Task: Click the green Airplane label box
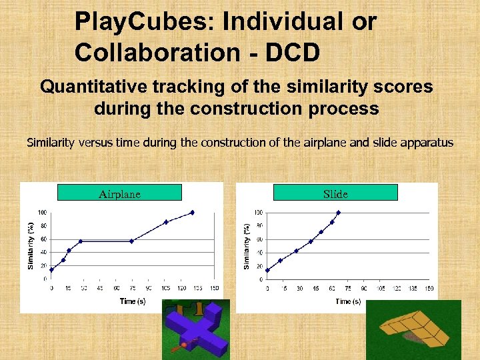pos(119,193)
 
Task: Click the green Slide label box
pos(335,193)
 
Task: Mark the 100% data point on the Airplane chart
pos(192,212)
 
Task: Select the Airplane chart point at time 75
pos(132,241)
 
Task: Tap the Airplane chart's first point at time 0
pos(51,269)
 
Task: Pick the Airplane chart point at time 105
pos(166,221)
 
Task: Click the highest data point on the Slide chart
pos(338,212)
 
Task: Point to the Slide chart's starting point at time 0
pos(267,270)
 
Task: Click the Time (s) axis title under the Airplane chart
pos(133,301)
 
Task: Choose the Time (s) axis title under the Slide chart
pos(349,301)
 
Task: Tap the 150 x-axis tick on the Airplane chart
pos(214,289)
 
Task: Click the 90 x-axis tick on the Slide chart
pos(365,289)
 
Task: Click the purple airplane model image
pos(197,331)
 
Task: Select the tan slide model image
pos(413,329)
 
